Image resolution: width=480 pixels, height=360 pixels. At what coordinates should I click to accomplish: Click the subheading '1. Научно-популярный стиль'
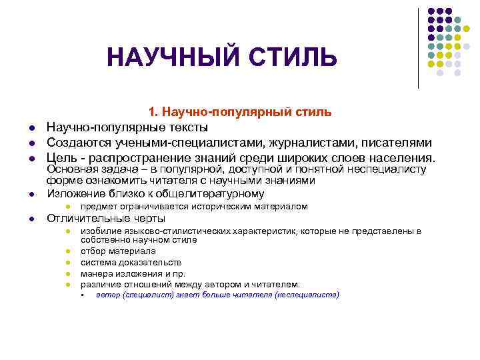pyautogui.click(x=239, y=111)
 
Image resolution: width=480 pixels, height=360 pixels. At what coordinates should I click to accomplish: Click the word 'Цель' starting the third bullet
pyautogui.click(x=59, y=158)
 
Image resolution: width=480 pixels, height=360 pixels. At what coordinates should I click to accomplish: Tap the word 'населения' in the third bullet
pyautogui.click(x=399, y=158)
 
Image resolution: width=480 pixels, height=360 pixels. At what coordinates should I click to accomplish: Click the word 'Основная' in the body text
pyautogui.click(x=70, y=170)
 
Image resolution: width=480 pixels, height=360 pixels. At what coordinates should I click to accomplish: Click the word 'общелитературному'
pyautogui.click(x=207, y=194)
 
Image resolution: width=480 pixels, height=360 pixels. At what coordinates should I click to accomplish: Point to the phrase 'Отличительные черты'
pyautogui.click(x=105, y=219)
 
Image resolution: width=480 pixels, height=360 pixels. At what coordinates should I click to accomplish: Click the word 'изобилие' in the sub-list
pyautogui.click(x=98, y=231)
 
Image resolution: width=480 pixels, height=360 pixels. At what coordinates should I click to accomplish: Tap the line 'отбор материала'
pyautogui.click(x=118, y=251)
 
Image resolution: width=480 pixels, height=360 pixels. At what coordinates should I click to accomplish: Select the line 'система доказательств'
pyautogui.click(x=131, y=262)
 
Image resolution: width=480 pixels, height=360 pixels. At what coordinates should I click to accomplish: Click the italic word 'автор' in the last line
pyautogui.click(x=108, y=295)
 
